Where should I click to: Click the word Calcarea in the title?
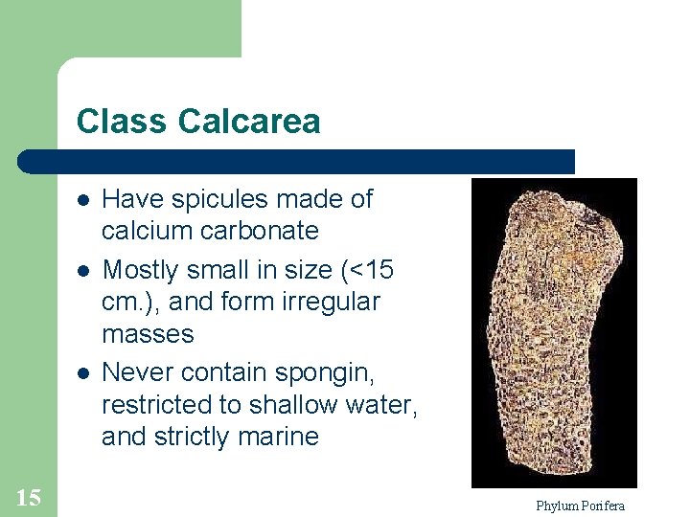point(249,122)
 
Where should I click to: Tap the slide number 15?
point(28,497)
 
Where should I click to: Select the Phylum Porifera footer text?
point(580,506)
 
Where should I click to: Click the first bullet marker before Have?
point(84,201)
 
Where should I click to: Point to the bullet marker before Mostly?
point(84,272)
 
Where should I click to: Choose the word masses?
point(148,335)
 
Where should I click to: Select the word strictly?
point(192,438)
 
